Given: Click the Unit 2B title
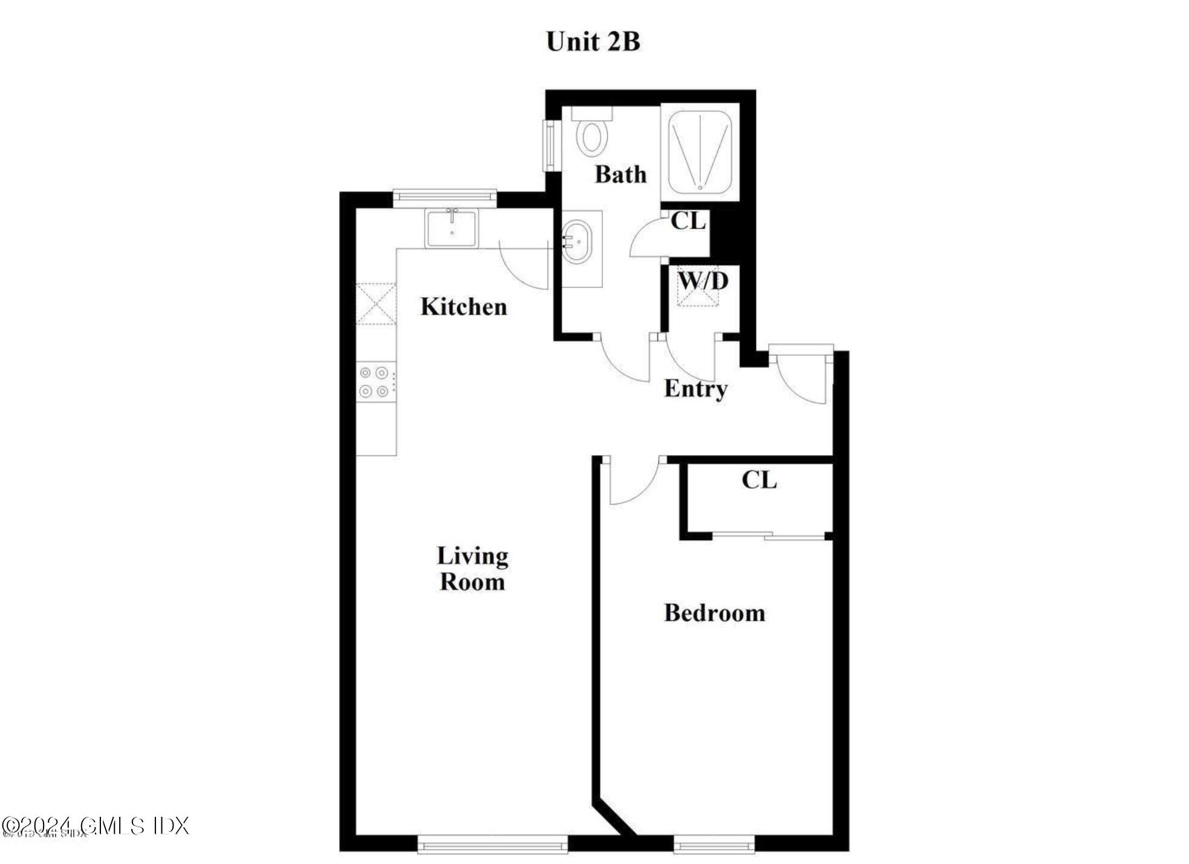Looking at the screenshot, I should (x=593, y=42).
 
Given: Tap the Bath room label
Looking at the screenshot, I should (x=621, y=174).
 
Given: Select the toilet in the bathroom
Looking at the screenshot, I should (x=591, y=134).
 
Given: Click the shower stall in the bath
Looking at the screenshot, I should (x=700, y=151).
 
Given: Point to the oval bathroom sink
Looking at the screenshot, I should (x=578, y=241).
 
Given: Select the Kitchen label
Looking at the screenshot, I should (x=463, y=307).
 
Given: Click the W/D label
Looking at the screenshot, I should (x=703, y=281).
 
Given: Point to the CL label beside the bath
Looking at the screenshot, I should (x=688, y=221).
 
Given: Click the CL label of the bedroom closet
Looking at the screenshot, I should (x=759, y=480).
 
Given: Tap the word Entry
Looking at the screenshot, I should (x=695, y=388).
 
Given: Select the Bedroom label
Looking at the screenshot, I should (x=714, y=613).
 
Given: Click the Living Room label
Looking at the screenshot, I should (x=472, y=569).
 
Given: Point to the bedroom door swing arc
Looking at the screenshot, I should (x=635, y=484).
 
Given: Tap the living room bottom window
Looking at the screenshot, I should (x=492, y=843).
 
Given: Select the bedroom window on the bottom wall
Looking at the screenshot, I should (x=714, y=843).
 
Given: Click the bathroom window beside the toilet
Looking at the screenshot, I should (x=550, y=146).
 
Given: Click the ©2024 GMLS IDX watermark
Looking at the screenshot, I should (x=96, y=826).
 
